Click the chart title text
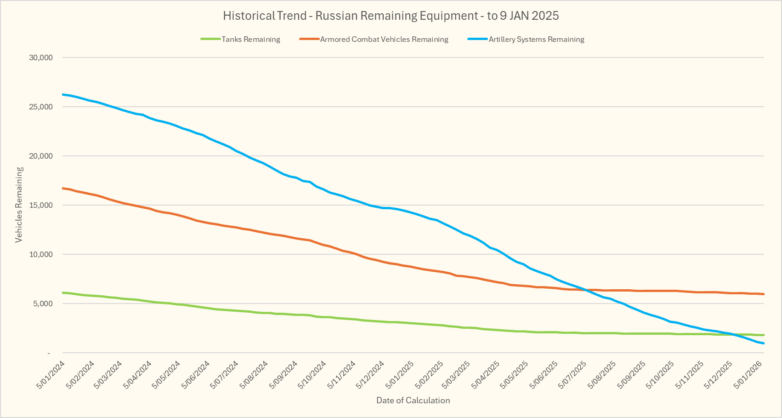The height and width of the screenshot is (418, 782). pos(391,16)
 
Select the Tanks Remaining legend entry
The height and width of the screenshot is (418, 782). pos(250,40)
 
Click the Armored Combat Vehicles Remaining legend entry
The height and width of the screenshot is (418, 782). pos(384,40)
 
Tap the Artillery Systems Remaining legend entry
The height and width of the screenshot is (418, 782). pos(536,40)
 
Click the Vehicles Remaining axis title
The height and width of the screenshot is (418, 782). pos(19,205)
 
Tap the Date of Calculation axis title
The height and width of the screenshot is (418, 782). pos(413,400)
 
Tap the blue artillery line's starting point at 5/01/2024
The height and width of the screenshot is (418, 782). pos(62,94)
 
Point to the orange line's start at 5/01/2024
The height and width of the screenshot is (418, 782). pos(62,188)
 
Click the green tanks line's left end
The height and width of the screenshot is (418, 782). pos(62,292)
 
